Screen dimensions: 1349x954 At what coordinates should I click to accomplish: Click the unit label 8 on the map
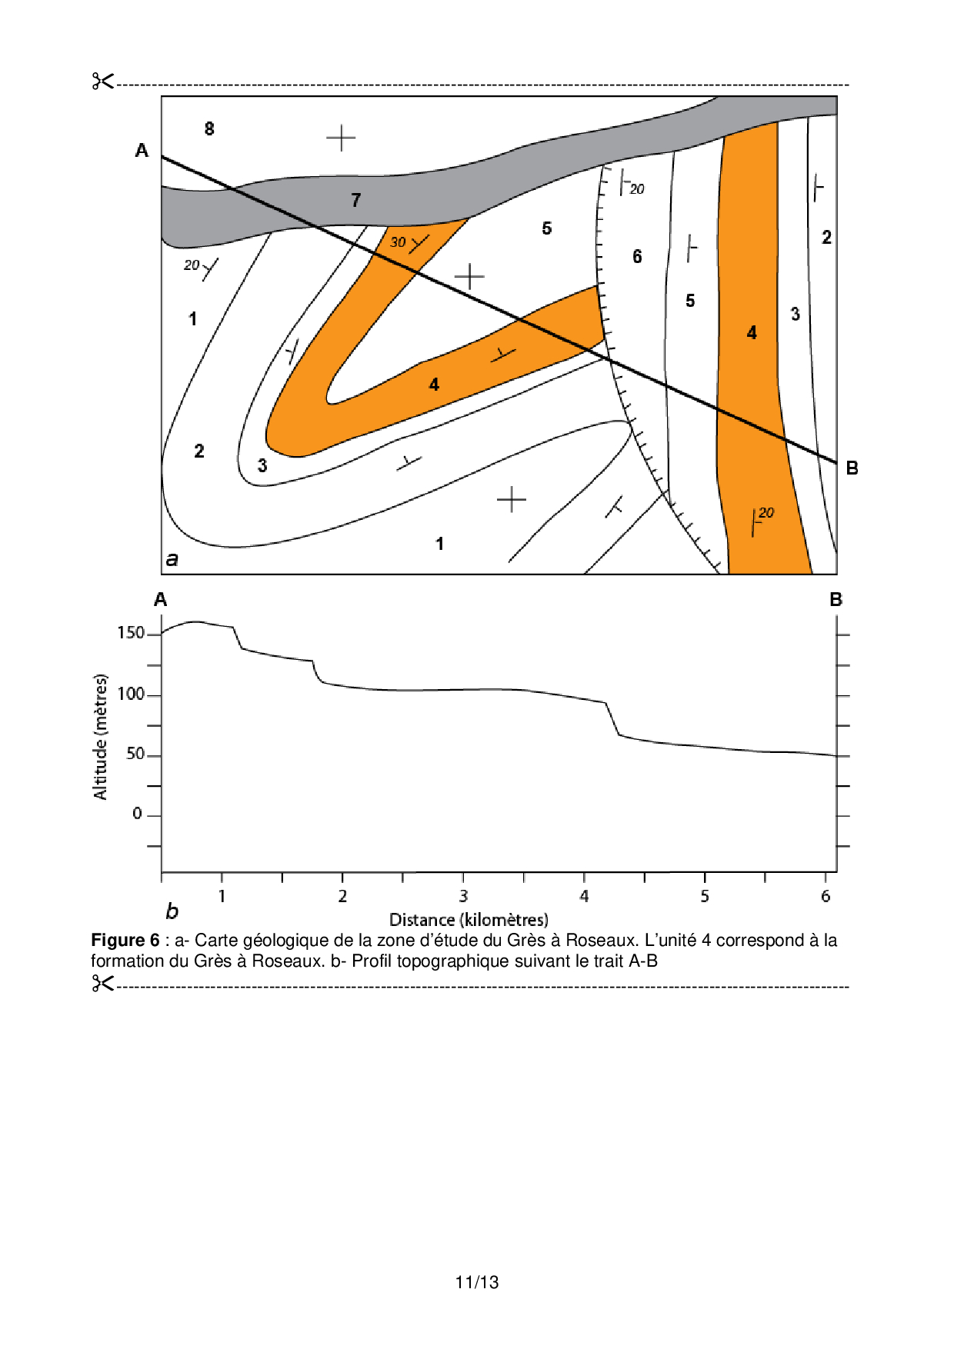click(209, 129)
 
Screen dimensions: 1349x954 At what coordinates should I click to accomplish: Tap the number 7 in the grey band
click(355, 201)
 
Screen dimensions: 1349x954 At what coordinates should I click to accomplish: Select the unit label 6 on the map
click(637, 257)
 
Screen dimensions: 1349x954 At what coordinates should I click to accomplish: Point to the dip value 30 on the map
click(398, 242)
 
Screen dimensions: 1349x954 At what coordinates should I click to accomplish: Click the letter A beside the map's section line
click(142, 151)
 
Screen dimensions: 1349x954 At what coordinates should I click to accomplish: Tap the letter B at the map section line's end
click(852, 468)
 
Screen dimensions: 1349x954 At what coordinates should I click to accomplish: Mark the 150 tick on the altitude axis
click(131, 633)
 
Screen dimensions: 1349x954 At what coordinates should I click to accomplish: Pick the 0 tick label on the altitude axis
click(137, 814)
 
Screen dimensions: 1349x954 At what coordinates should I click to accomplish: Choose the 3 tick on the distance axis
click(463, 896)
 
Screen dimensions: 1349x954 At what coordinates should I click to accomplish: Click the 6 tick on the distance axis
click(826, 896)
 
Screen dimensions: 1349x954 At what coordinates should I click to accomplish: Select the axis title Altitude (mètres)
click(101, 737)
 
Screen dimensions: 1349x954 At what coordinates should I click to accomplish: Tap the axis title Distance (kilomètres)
click(469, 920)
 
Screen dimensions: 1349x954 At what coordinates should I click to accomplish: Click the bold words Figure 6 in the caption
click(125, 941)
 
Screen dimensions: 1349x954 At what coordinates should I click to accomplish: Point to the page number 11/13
click(477, 1282)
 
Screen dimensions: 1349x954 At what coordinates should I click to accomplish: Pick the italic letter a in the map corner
click(172, 560)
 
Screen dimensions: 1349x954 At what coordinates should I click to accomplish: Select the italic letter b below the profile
click(172, 912)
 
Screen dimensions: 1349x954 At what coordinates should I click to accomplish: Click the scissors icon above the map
click(102, 81)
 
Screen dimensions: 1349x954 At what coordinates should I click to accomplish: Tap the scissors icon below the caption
click(102, 983)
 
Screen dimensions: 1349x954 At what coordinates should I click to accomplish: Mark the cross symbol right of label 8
click(341, 138)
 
